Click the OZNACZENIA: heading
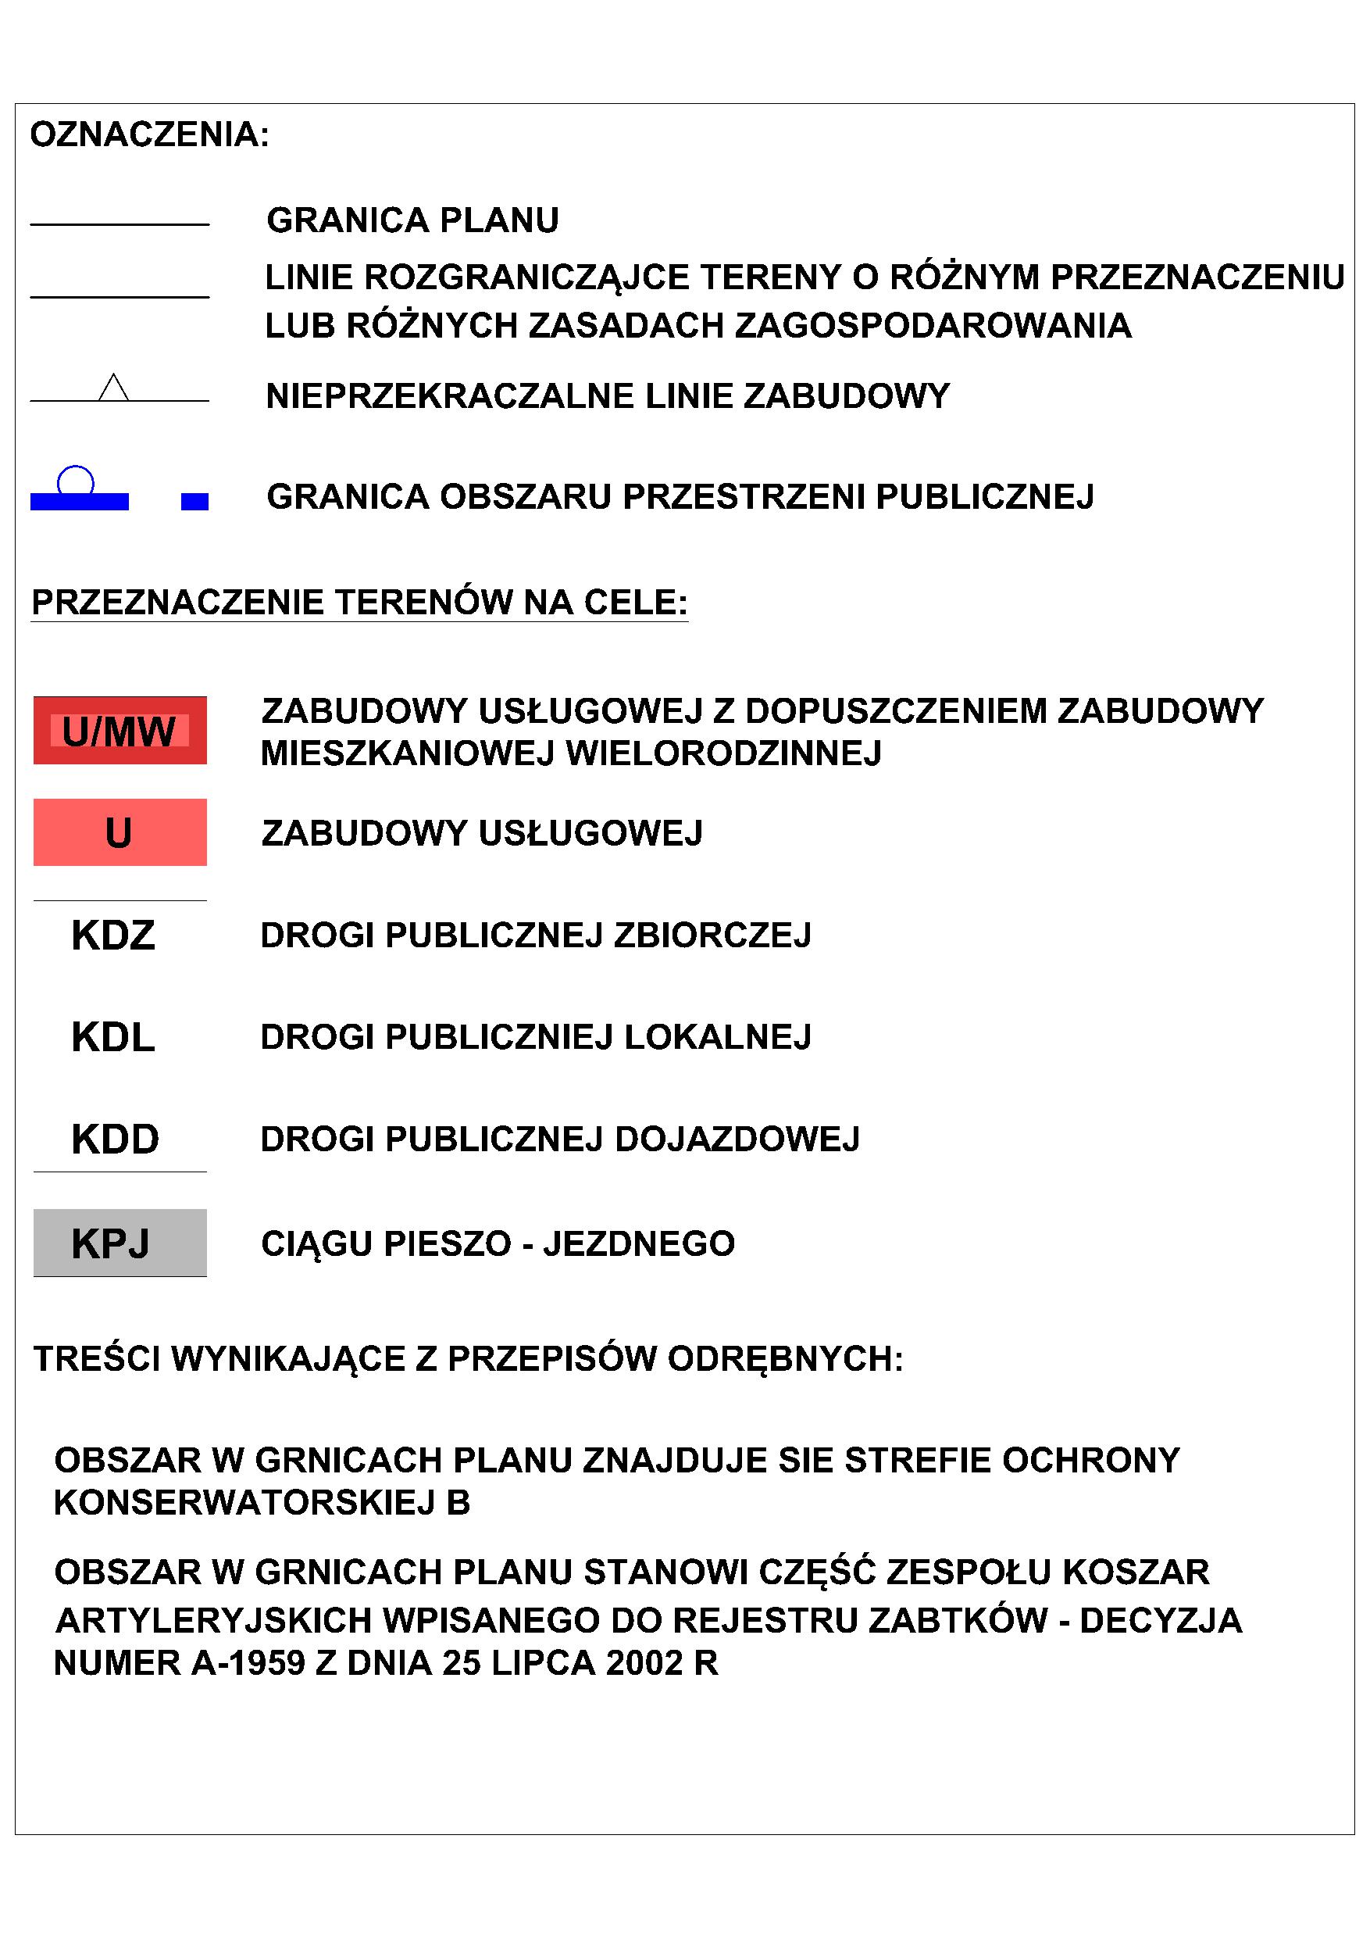pos(149,135)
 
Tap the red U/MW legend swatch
pos(120,731)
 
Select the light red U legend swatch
pos(120,832)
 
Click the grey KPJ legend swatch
pos(120,1243)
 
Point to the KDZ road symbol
pos(114,936)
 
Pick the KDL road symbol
pos(114,1038)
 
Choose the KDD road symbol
pos(116,1140)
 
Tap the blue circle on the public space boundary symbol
pos(75,480)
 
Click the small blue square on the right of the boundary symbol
pos(195,502)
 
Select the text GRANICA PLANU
pos(412,220)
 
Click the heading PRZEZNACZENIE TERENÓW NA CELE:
pos(359,603)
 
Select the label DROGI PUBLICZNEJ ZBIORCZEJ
pos(536,936)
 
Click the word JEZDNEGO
pos(639,1244)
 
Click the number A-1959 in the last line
pos(248,1663)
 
